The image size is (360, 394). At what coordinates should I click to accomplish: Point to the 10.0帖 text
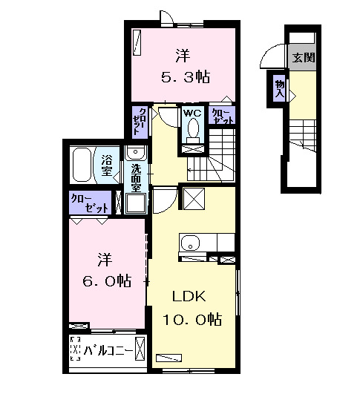(192, 320)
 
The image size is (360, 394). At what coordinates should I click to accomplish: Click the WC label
(192, 114)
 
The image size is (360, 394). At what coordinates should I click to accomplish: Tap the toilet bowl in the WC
(193, 131)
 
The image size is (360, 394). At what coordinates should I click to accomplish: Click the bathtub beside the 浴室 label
(82, 165)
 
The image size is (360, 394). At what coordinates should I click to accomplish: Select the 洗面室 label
(136, 177)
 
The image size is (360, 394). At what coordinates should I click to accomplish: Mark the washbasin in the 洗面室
(135, 154)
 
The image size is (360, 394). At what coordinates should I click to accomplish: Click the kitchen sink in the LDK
(189, 243)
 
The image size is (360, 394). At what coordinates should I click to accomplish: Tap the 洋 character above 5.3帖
(181, 54)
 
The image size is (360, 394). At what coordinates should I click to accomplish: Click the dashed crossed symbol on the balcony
(75, 349)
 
